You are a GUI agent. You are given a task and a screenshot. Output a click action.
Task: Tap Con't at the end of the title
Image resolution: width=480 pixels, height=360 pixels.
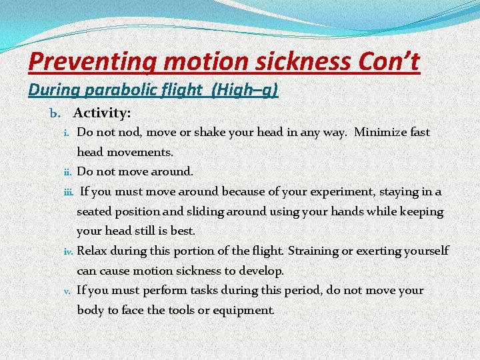tap(389, 62)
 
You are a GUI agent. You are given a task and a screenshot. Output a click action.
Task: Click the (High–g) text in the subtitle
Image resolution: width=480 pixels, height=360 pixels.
tap(244, 89)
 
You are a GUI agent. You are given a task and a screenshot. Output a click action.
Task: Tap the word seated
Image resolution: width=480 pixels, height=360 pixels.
tap(94, 211)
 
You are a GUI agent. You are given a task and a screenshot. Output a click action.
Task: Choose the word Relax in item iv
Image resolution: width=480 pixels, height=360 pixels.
tap(92, 251)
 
